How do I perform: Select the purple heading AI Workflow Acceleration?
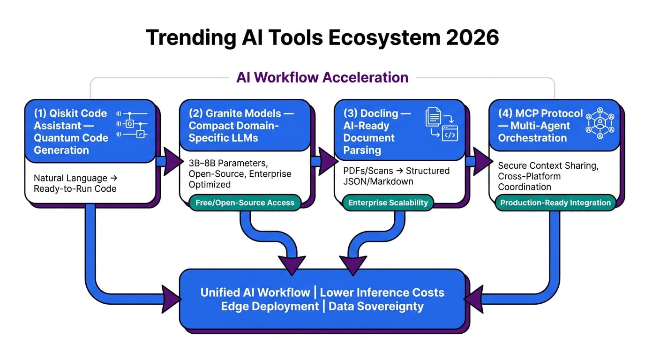point(322,77)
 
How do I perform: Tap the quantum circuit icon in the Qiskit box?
point(132,125)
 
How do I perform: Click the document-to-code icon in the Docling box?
point(441,124)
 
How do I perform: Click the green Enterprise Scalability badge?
point(388,203)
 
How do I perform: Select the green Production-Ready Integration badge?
point(555,203)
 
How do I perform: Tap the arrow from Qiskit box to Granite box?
point(169,161)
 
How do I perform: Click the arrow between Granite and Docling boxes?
point(323,161)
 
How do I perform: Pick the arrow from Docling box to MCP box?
point(478,161)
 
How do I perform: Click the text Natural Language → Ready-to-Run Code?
point(75,183)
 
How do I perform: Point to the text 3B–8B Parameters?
point(228,164)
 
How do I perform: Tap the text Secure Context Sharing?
point(548,166)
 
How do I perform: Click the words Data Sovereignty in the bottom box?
point(376,307)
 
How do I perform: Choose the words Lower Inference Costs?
point(382,292)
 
